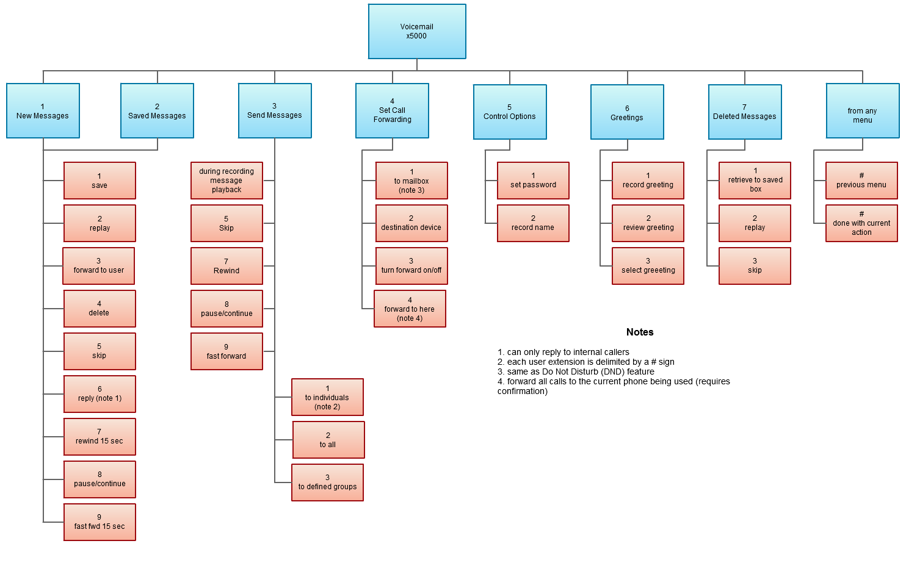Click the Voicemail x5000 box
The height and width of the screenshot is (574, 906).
[417, 32]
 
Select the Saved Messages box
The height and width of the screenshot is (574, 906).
[157, 111]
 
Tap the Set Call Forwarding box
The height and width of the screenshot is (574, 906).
[392, 111]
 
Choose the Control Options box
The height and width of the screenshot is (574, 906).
[510, 112]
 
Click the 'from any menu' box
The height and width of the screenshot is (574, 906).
[862, 112]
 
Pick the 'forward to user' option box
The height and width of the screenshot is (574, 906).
[99, 266]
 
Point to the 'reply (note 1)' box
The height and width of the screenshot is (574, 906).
[100, 394]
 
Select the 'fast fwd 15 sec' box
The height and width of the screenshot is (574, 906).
[100, 522]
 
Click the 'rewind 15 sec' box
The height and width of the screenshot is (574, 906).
[100, 437]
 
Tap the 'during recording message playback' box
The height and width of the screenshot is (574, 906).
[227, 181]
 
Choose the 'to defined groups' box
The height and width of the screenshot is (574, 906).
[327, 483]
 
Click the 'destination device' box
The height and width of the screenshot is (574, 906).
[411, 223]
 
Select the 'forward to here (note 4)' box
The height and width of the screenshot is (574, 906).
[410, 309]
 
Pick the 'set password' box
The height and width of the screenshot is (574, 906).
[533, 181]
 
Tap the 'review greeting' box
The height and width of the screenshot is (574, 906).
[648, 223]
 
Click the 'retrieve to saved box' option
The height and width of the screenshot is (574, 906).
[755, 181]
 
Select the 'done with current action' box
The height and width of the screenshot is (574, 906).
[861, 223]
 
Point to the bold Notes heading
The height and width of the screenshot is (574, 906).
[640, 332]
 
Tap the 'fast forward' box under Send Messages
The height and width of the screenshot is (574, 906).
[227, 351]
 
